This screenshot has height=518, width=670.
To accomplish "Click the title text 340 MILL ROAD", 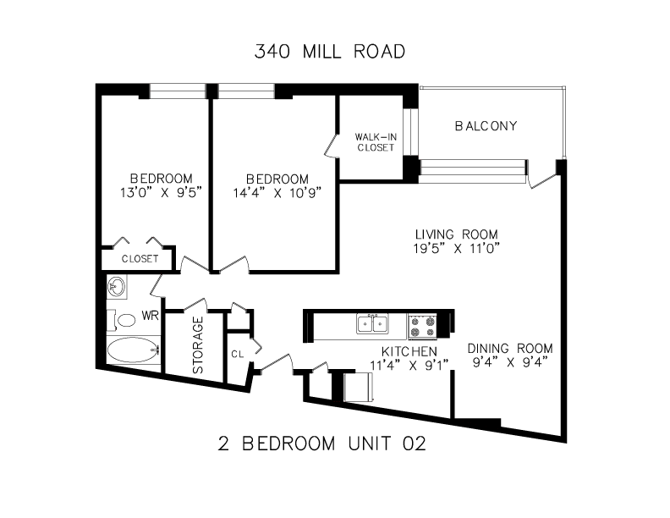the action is pos(329,52).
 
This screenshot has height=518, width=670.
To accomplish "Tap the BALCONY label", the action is pos(486,126).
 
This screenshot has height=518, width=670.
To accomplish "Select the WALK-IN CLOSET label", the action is pos(376,142).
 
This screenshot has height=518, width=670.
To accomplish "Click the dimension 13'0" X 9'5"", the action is pos(161,193).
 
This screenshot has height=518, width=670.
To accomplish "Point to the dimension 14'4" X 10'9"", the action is pos(277,193).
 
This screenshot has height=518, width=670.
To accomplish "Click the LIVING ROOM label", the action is pos(456,234).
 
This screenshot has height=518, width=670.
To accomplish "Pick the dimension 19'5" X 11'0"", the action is pos(456,248).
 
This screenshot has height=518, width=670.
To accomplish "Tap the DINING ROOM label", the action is pos(510,349).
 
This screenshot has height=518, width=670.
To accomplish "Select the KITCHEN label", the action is pos(409,351).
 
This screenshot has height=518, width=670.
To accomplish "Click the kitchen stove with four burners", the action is pos(422,327).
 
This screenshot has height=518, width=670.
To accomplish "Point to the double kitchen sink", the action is pos(372,323).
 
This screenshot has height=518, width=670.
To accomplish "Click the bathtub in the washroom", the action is pos(133,350).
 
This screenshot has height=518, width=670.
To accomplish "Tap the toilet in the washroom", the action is pos(121,320).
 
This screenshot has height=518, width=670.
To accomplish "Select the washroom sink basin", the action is pos(117,286).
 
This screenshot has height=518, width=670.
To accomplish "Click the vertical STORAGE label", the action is pos(198,344).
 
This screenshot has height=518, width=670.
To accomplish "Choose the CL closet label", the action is pos(238,355).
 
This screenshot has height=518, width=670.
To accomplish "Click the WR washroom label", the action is pos(150,316).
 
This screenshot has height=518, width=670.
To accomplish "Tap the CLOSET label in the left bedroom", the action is pos(140,258).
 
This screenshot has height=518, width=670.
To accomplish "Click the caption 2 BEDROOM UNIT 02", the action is pos(322,444).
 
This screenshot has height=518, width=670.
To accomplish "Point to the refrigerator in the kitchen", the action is pos(359,387).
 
